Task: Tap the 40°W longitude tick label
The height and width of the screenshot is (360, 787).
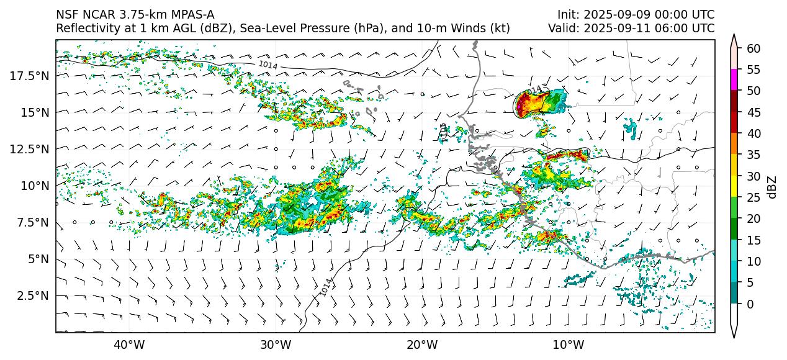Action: tap(129, 344)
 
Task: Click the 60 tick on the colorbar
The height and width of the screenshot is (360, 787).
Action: tap(753, 48)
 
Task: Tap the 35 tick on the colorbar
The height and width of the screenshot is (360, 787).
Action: tap(753, 155)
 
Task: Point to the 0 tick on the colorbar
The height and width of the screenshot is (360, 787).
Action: tap(750, 304)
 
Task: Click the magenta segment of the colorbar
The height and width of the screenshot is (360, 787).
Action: tap(734, 80)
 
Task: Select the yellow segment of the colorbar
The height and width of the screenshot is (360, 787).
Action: tap(734, 187)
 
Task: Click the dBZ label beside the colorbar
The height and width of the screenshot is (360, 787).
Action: tap(772, 186)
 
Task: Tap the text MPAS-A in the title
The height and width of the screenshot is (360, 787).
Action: tap(191, 14)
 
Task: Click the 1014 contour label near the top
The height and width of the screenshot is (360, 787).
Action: tap(268, 65)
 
